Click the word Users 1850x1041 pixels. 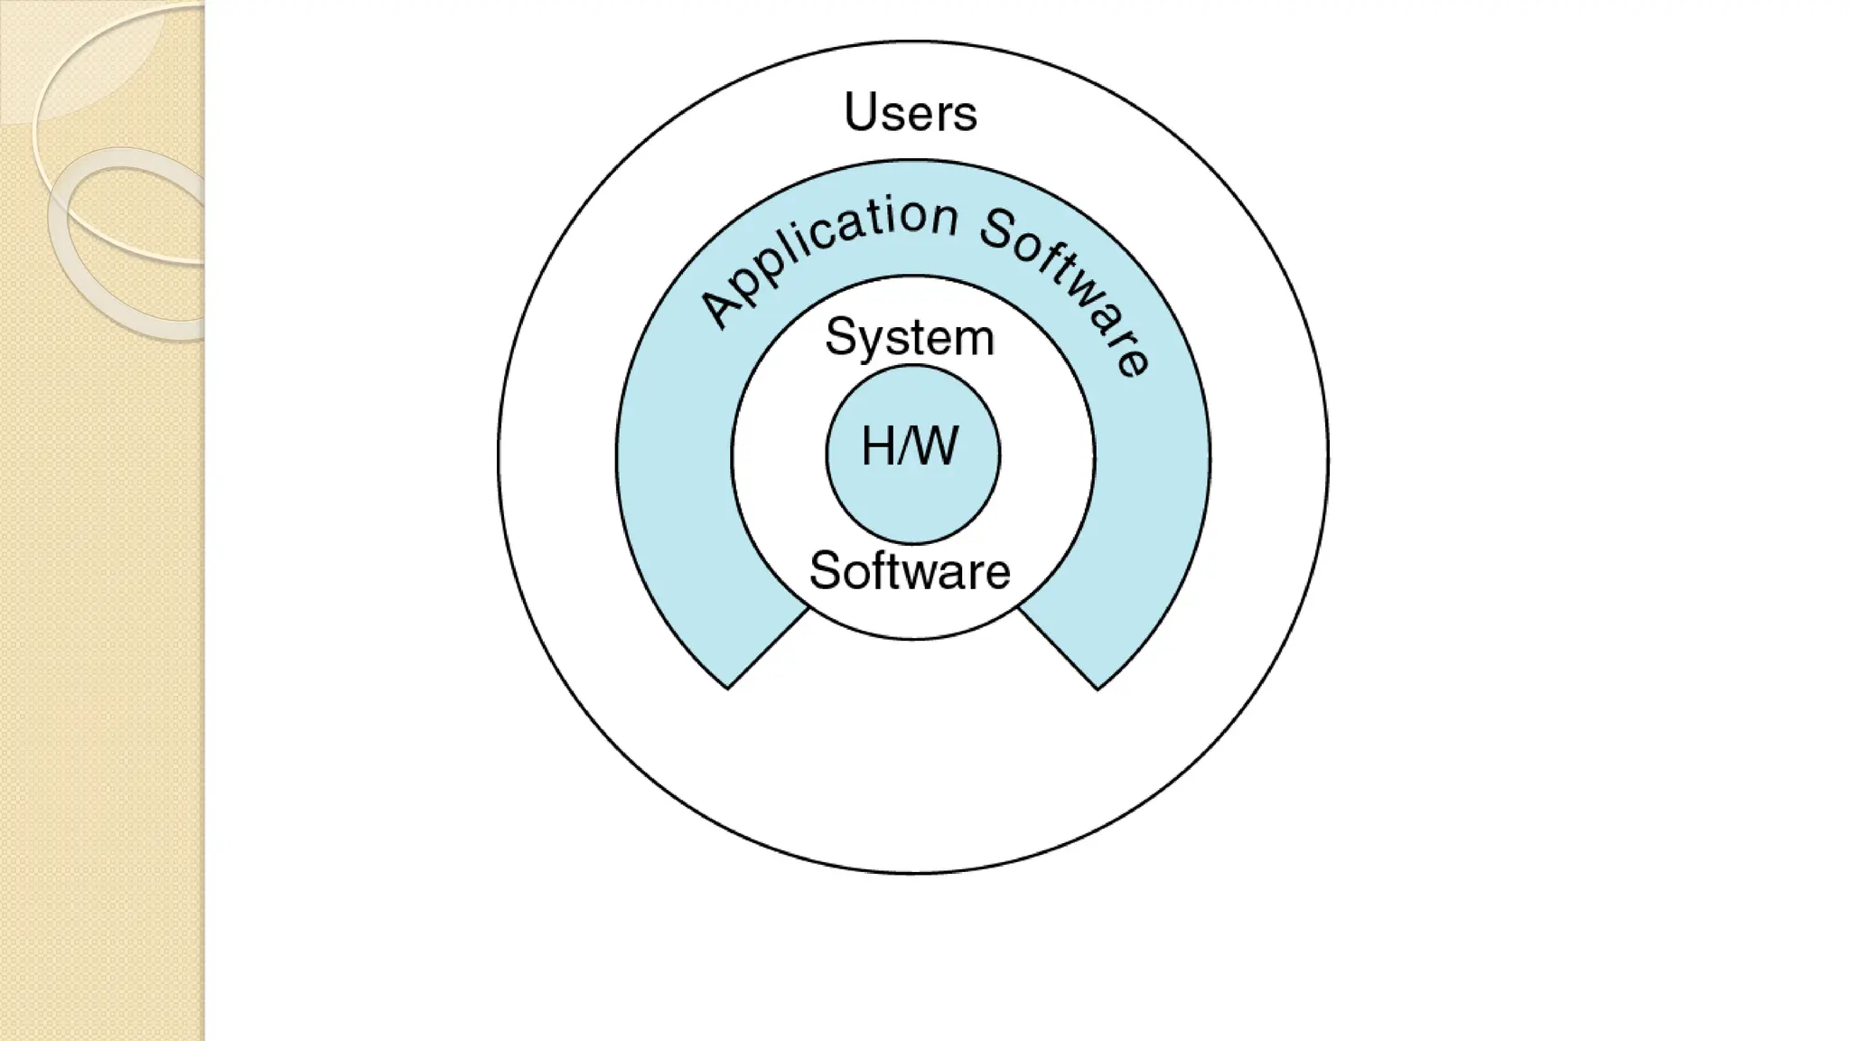911,113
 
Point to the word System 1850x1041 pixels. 910,339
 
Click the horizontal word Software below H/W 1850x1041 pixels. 910,571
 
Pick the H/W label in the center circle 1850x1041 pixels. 911,446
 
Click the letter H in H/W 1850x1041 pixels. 878,446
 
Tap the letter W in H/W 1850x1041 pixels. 937,446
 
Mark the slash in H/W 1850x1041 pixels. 906,446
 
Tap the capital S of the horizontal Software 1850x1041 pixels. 825,571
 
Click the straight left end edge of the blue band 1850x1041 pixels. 768,649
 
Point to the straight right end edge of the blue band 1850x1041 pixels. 1058,649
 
